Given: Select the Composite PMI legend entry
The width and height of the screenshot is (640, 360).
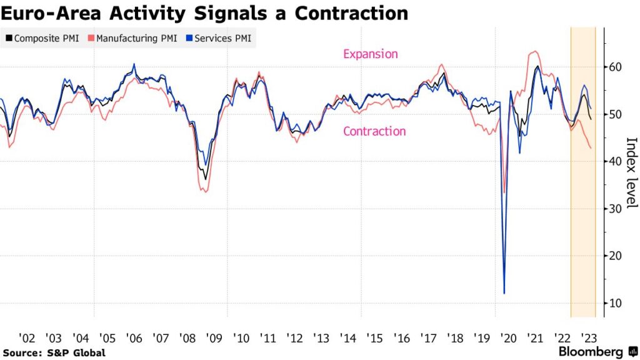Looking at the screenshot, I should click(42, 38).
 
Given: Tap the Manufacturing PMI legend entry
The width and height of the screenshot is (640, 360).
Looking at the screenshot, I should click(132, 38).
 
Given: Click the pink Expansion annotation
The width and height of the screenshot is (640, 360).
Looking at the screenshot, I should click(370, 54).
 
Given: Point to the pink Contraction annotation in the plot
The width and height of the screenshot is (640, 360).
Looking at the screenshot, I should click(374, 131).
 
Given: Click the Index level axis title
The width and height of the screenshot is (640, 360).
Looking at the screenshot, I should click(631, 172).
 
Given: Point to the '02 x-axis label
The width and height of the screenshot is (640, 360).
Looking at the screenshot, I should click(27, 338).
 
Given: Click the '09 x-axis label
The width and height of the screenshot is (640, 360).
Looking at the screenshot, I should click(214, 338).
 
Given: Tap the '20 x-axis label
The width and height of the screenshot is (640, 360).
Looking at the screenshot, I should click(508, 338).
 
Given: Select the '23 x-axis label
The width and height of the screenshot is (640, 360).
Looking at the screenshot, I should click(588, 338).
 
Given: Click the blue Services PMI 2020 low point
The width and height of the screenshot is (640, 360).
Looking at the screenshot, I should click(504, 293).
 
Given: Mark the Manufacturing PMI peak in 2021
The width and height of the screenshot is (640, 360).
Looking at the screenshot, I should click(535, 51).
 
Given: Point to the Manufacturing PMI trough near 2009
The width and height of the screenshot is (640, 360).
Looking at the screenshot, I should click(206, 191).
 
